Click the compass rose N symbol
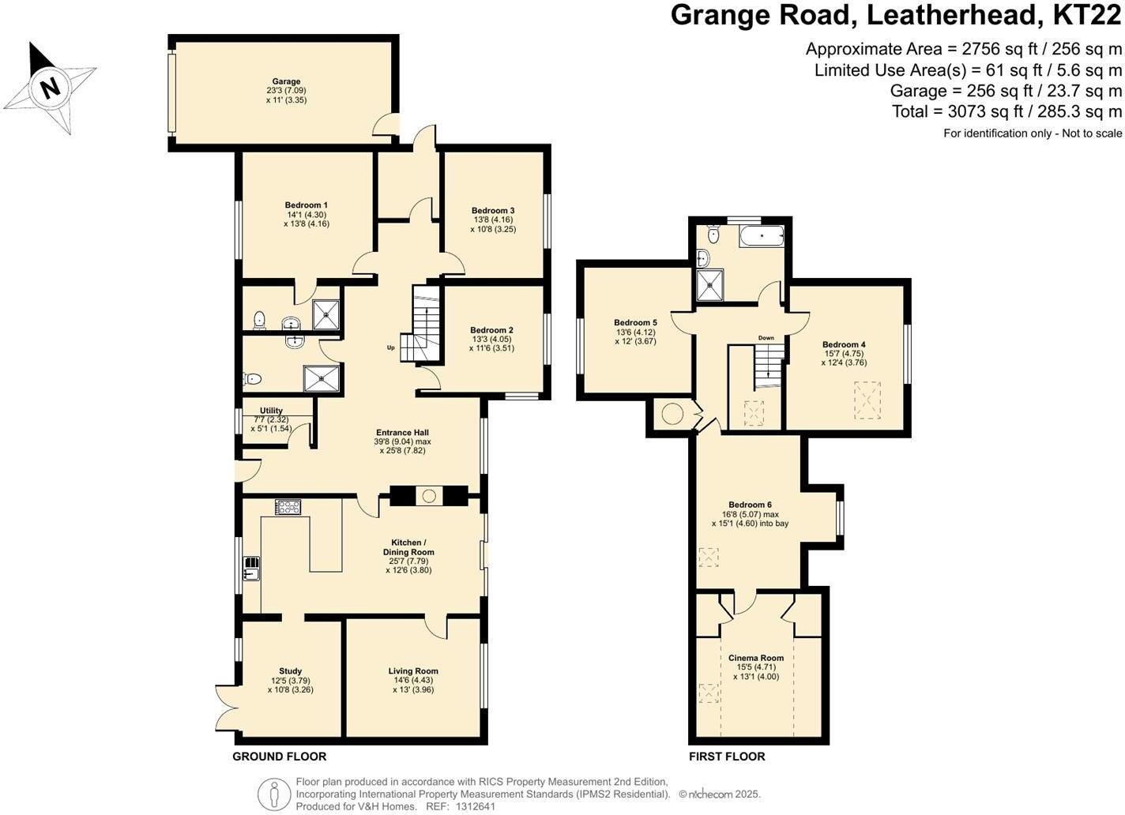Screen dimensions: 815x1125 click(x=50, y=86)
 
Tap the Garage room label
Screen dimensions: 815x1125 click(x=286, y=81)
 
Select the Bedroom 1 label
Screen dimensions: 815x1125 click(x=306, y=205)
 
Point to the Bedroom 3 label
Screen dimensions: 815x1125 click(x=493, y=211)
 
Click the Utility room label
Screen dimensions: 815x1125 click(x=271, y=411)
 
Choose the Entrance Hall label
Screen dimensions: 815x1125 click(x=402, y=432)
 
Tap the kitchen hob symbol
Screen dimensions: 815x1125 click(x=288, y=507)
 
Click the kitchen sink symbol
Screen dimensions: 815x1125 click(x=251, y=567)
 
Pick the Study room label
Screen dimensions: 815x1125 click(x=290, y=671)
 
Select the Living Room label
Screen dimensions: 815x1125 click(x=413, y=671)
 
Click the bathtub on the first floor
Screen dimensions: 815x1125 click(x=762, y=235)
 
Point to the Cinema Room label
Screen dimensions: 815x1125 click(x=755, y=658)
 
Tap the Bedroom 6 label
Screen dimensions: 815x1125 click(x=750, y=505)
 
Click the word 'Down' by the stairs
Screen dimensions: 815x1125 click(x=766, y=338)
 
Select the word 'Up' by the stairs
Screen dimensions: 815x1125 click(x=390, y=347)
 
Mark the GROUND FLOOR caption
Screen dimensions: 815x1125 click(x=279, y=757)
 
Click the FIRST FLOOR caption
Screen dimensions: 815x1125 click(x=727, y=757)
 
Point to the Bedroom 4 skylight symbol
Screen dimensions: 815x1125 click(x=868, y=399)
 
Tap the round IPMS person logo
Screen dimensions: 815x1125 click(x=274, y=794)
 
